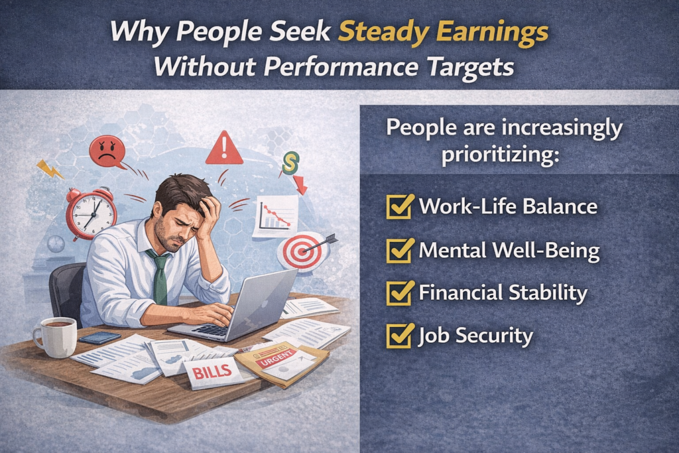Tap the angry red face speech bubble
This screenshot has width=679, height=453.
(107, 152)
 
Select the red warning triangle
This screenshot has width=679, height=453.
(224, 148)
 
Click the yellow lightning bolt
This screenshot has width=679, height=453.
(50, 169)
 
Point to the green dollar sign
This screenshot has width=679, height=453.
(290, 162)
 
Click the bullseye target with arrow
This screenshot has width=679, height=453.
(303, 251)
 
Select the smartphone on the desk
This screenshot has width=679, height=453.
(100, 338)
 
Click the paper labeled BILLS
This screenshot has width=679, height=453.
(213, 373)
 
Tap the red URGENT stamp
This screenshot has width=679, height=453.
(275, 359)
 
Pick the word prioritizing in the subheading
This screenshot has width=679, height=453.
(500, 155)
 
